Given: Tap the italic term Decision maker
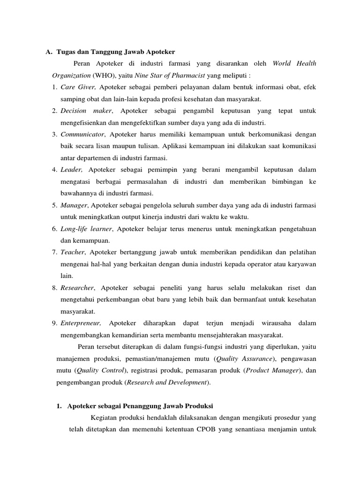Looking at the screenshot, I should [87, 111].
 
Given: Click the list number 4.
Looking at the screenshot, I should [54, 170].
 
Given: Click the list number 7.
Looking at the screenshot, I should [54, 252].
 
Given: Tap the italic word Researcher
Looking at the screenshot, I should [77, 288].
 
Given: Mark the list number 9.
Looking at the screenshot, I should [54, 323].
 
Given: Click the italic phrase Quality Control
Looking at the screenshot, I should [101, 370].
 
